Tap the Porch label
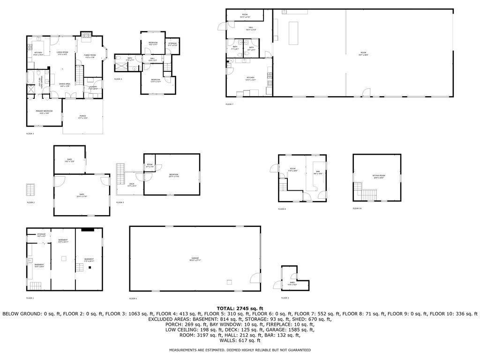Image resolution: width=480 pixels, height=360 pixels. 82,117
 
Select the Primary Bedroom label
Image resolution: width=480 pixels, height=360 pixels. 43,112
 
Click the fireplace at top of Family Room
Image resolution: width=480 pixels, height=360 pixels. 86,34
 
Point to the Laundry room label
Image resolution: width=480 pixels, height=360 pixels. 93,87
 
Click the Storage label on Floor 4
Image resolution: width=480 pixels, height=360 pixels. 172,44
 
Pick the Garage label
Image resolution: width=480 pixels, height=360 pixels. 195,259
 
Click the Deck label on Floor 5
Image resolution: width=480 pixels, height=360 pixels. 132,184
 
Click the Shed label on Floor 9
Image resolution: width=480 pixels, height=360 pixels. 292,283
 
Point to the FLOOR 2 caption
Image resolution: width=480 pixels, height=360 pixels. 30,202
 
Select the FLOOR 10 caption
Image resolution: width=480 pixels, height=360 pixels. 357,208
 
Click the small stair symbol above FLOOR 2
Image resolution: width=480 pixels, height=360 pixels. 31,190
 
